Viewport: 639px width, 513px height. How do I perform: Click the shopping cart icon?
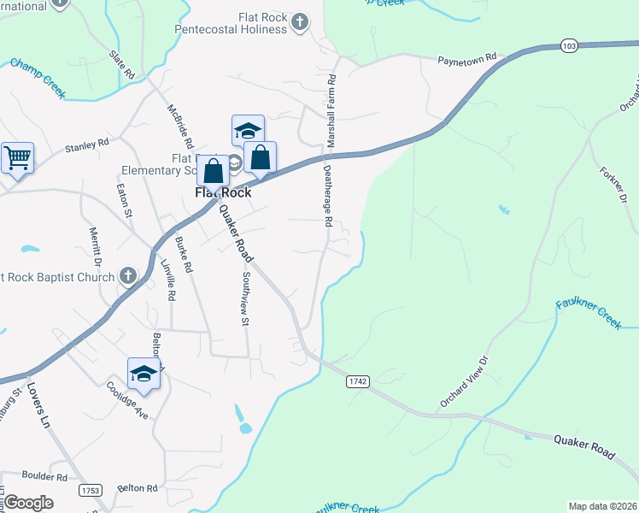(x=16, y=157)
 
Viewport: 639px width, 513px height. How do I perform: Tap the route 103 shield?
(x=569, y=44)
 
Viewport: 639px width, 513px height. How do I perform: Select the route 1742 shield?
(x=357, y=382)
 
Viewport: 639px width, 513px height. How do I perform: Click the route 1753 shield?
(x=89, y=490)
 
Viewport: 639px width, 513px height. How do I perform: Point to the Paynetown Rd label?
(x=466, y=60)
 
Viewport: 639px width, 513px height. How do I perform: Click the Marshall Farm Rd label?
(x=331, y=106)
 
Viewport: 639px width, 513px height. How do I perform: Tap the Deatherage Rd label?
(x=327, y=195)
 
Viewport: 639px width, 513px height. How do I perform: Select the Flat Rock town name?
(x=223, y=193)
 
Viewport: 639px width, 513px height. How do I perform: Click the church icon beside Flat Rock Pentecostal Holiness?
(x=299, y=21)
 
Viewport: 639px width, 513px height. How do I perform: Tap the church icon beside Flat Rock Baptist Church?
(x=127, y=275)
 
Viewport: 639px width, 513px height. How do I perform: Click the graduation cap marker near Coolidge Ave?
(x=144, y=374)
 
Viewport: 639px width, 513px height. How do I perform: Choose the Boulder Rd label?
(x=44, y=476)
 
